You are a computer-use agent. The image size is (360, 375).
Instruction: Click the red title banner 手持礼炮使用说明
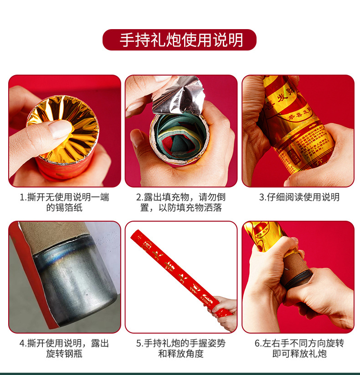point(180,40)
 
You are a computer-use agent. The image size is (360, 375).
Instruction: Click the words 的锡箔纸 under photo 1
point(64,208)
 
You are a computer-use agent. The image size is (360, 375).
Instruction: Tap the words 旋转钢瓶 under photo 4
point(64,354)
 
